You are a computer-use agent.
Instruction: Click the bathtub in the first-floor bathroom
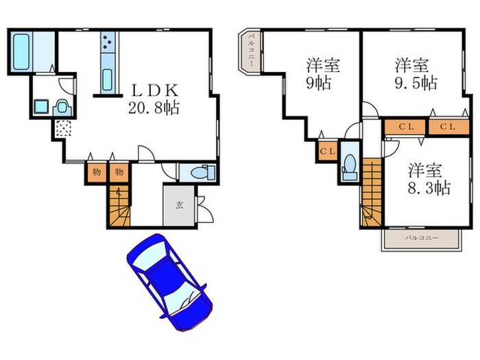(20, 51)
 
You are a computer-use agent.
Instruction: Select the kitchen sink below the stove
(108, 77)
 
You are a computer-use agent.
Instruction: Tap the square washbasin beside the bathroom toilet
(40, 106)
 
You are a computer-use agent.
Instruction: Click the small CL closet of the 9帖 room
(327, 151)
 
